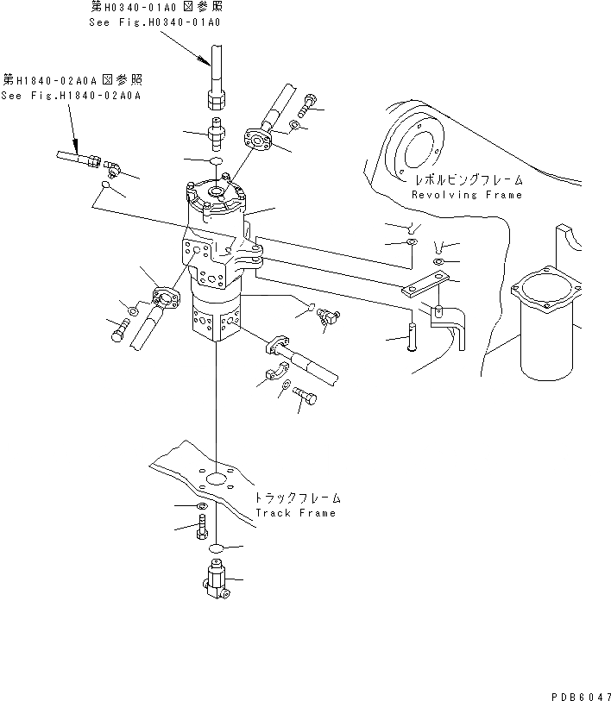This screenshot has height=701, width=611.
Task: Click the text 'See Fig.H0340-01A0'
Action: pos(154,22)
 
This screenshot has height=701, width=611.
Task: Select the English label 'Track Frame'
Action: pos(295,513)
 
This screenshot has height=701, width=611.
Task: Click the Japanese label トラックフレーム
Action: pos(297,498)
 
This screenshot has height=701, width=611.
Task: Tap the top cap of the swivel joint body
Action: pos(216,195)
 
